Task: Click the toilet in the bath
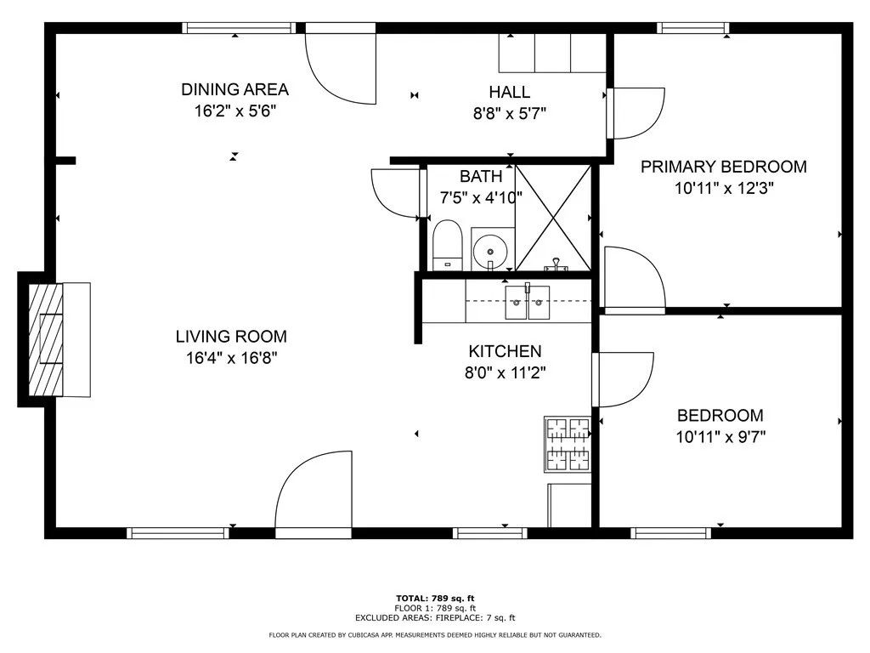pos(446,244)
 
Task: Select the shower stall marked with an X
pos(553,218)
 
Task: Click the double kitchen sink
pos(527,303)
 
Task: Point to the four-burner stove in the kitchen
pos(567,444)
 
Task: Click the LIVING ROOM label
pos(231,336)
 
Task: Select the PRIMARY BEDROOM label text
pos(723,167)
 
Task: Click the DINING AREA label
pos(234,89)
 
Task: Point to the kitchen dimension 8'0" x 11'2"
pos(505,372)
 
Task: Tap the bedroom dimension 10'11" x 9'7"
pos(720,437)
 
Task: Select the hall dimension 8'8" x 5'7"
pos(509,113)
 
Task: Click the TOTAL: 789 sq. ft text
pos(434,598)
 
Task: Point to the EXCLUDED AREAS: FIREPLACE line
pos(434,618)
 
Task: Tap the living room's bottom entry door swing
pos(313,493)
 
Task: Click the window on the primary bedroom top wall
pos(693,28)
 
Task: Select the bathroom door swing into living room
pos(397,193)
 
